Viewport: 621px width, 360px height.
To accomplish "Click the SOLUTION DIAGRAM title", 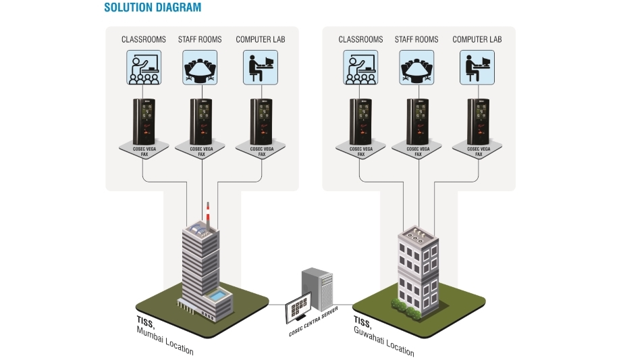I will point(152,8).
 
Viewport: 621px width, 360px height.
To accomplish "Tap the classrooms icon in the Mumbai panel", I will point(143,68).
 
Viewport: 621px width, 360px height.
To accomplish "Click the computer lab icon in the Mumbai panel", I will point(260,68).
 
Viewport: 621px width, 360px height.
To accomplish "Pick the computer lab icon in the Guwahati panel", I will point(477,68).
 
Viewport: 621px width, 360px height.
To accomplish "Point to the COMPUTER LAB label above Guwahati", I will point(477,40).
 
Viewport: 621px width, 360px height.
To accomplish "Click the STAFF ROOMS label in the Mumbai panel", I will point(201,40).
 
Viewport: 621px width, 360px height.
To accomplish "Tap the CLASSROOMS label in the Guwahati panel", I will point(360,40).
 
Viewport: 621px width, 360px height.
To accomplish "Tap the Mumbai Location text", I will point(165,340).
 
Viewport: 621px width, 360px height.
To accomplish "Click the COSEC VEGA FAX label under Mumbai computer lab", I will point(260,150).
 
